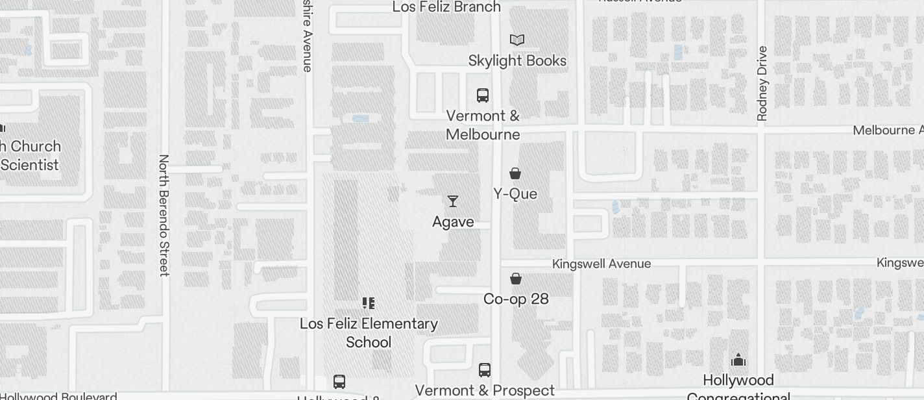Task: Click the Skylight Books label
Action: [517, 60]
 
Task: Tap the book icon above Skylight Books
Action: [517, 40]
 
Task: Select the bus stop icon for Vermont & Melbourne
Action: [483, 95]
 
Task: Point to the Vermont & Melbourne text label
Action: [483, 125]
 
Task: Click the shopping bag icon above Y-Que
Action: [515, 173]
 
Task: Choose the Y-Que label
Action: [515, 194]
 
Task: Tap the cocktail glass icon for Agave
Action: [453, 201]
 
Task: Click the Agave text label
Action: [453, 221]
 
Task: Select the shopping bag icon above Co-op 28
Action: [516, 279]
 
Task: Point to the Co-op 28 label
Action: [516, 299]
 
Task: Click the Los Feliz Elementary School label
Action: [369, 332]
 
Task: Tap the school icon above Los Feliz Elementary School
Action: [369, 303]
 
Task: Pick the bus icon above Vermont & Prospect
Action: [485, 370]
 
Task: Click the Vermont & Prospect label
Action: [485, 390]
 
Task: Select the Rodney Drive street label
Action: [762, 83]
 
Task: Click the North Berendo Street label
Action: [164, 215]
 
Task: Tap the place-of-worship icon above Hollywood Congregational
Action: [738, 360]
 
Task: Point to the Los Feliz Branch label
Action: [447, 7]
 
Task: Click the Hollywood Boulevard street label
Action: [58, 395]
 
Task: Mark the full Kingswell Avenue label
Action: [602, 264]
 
